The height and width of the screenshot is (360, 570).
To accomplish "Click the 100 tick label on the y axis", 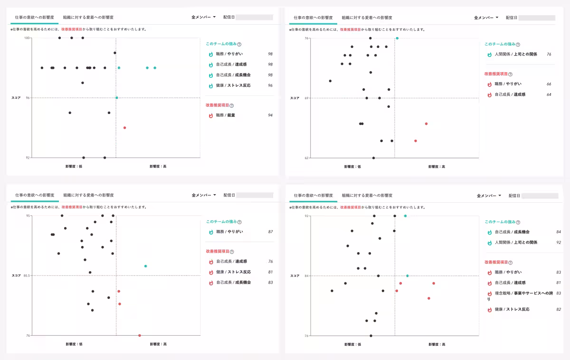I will click(28, 38).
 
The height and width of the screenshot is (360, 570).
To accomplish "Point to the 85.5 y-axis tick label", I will click(27, 275).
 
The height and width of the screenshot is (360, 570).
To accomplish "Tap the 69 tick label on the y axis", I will click(306, 98).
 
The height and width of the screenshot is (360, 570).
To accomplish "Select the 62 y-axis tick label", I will click(306, 158).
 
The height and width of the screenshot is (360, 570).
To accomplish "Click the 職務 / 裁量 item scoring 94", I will click(226, 115).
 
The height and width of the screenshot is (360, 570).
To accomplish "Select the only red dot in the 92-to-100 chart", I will click(124, 128).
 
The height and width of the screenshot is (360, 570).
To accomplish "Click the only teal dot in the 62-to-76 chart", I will click(397, 38).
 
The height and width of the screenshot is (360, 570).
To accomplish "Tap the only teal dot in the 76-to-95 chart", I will click(146, 266).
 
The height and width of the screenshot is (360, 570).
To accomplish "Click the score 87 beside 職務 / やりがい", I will click(270, 232).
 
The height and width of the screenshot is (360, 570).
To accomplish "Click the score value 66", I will click(549, 84).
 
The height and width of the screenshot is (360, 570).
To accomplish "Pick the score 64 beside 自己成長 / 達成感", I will click(549, 95).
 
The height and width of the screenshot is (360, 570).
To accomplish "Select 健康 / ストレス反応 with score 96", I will click(233, 85).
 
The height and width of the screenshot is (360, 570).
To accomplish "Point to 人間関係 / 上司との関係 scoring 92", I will click(516, 242).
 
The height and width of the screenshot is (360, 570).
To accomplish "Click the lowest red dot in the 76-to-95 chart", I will click(140, 335).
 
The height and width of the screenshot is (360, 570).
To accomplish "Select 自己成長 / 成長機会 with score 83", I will click(233, 283).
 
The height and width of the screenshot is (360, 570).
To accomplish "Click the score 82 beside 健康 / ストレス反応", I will click(559, 310).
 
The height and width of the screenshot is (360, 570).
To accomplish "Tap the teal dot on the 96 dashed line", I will click(117, 98).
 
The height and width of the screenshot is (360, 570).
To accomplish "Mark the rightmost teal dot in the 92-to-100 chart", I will click(155, 68).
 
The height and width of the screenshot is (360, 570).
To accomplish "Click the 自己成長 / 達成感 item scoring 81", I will click(510, 283).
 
